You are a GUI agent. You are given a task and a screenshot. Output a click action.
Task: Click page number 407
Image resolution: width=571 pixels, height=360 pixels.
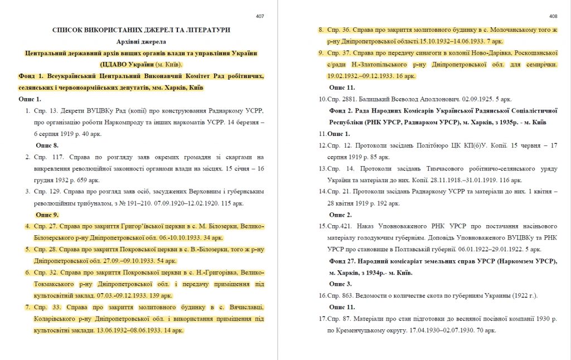coord(260,16)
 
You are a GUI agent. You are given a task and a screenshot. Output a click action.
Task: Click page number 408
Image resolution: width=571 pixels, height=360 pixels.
coord(553,16)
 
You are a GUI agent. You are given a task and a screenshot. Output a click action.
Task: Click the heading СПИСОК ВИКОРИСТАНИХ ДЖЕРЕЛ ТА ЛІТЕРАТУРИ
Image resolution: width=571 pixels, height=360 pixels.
coord(141,30)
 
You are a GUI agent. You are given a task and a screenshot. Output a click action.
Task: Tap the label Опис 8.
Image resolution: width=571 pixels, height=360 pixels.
coord(47,145)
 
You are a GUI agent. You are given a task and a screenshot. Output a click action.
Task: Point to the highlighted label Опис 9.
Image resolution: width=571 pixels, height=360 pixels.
coord(47,215)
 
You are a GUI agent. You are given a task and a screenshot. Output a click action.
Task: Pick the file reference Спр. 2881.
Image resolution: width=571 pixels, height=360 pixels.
coord(341,99)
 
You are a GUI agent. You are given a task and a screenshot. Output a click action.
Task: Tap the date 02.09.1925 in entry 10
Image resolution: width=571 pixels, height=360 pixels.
coord(464,99)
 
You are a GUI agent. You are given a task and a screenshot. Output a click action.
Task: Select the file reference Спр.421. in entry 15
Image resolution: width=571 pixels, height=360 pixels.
coord(338,226)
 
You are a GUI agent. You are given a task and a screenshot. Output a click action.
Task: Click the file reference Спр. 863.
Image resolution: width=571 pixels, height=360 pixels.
coord(340,295)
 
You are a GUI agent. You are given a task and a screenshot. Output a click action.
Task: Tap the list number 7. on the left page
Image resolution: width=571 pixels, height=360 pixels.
coord(28,308)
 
